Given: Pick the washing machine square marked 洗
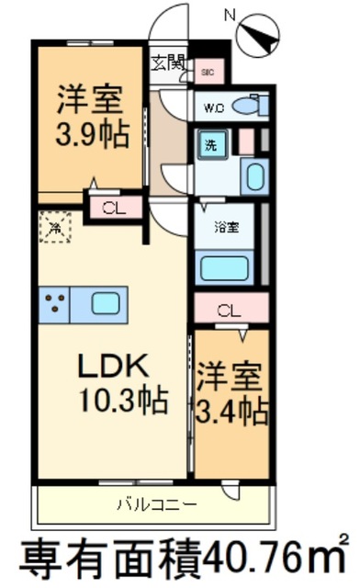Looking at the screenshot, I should [210, 145].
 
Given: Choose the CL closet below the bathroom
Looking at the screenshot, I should [229, 310].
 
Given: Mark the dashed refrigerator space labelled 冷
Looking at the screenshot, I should [55, 227].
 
